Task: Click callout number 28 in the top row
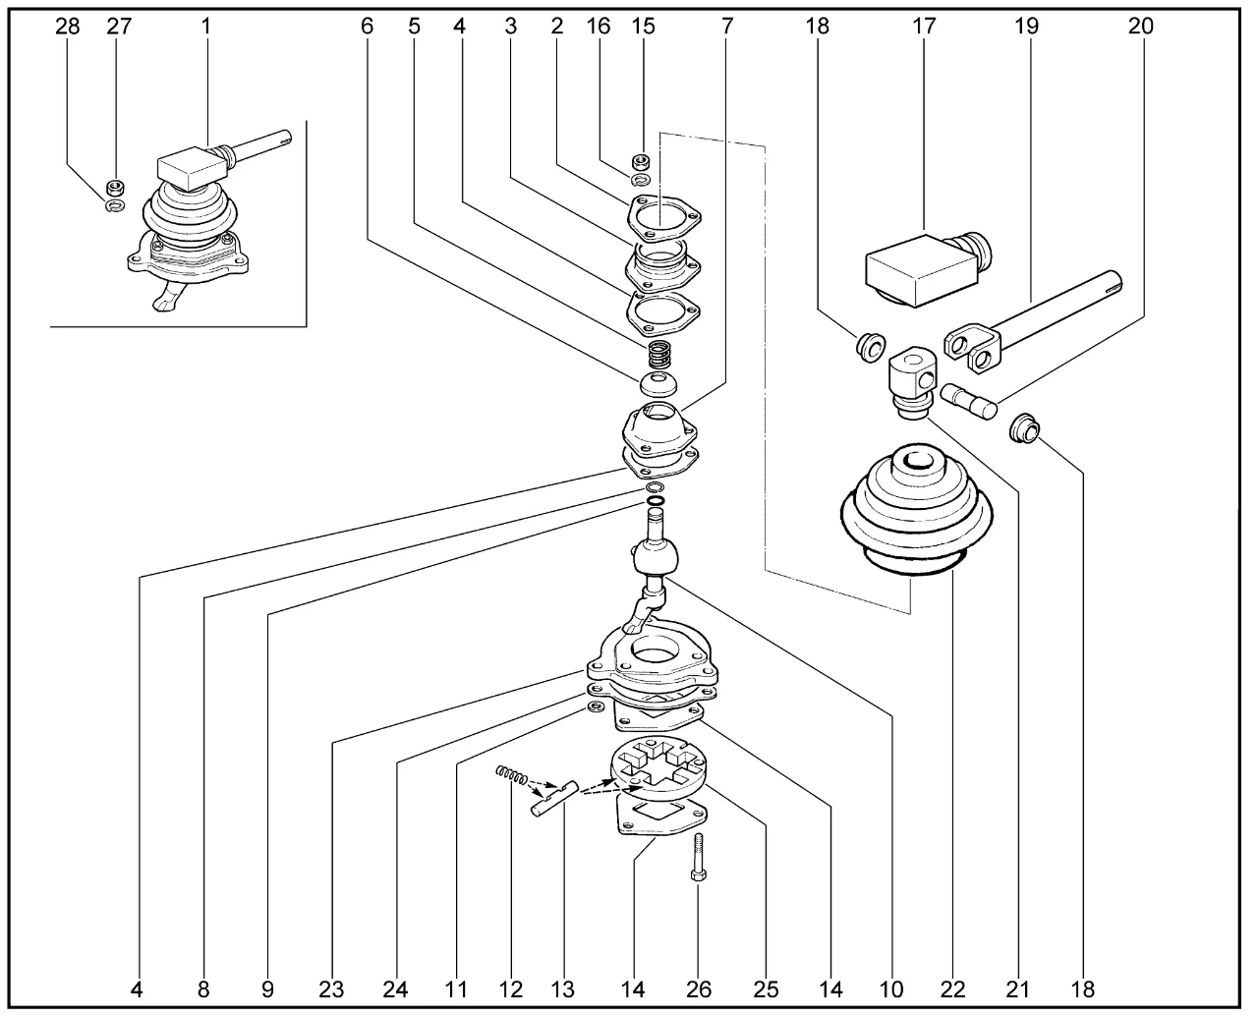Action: [x=67, y=27]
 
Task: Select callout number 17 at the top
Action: [x=926, y=27]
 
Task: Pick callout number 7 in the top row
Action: [x=726, y=27]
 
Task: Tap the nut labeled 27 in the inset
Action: [x=115, y=186]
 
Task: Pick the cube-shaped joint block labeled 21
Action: [x=910, y=378]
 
